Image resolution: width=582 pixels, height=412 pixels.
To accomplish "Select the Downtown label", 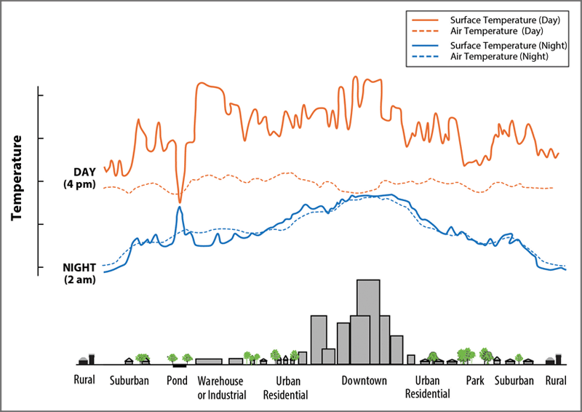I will (x=364, y=381).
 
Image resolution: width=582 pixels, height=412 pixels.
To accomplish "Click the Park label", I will (x=475, y=381).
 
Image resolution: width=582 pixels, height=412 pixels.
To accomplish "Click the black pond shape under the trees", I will (x=179, y=365).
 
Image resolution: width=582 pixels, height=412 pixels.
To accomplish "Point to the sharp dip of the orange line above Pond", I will (x=180, y=201).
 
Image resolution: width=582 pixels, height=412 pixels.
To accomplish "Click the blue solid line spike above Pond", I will (x=179, y=208).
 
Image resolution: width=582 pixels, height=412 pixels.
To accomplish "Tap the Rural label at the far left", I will (x=84, y=381).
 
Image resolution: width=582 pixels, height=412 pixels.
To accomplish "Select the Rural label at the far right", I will (x=556, y=381).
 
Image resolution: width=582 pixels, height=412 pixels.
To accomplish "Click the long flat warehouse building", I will (x=209, y=361).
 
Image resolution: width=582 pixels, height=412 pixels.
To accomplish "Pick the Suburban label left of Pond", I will (x=129, y=381).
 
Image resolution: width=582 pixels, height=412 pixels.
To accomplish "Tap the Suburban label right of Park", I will (x=514, y=381).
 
